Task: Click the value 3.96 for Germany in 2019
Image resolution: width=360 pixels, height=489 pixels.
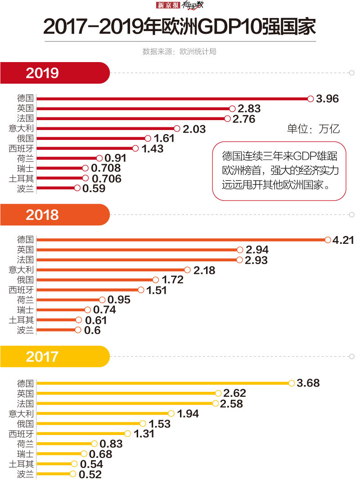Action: [327, 99]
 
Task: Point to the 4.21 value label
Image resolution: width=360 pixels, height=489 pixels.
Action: [343, 240]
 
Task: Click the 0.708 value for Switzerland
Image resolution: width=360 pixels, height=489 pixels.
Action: [106, 168]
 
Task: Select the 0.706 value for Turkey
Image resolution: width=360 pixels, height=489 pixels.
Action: [106, 179]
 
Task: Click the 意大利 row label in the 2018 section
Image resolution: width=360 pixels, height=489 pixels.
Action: [21, 270]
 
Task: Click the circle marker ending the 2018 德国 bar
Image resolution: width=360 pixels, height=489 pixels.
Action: [328, 240]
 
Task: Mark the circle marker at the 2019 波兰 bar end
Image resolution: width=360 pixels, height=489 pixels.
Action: [77, 188]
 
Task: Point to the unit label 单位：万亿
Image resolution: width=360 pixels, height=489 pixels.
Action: [314, 129]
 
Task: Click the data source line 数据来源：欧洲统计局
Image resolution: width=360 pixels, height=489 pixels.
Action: [180, 52]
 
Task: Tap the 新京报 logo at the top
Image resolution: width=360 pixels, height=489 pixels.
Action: [168, 5]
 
